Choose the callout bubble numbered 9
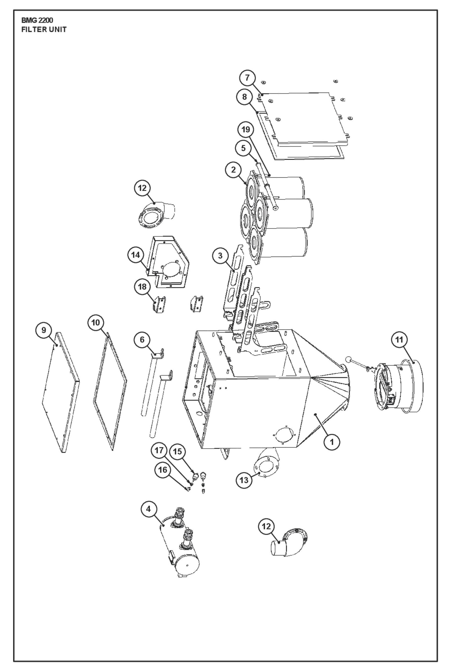[44, 330]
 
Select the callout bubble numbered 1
[332, 442]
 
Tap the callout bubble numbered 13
[244, 480]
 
